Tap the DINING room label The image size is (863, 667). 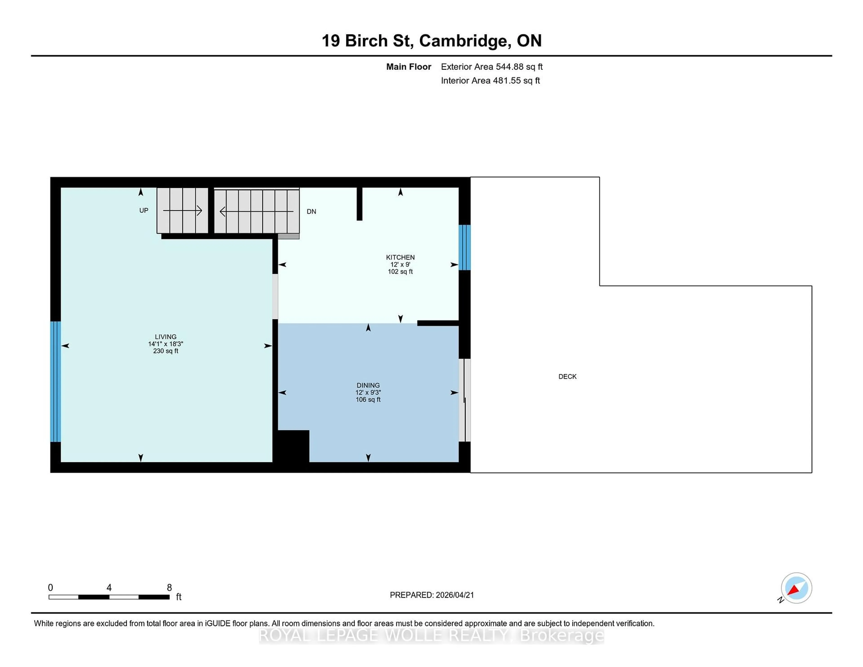click(x=368, y=385)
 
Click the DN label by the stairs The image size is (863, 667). click(x=311, y=211)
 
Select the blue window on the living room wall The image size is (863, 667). click(x=55, y=381)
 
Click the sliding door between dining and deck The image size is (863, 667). click(x=465, y=400)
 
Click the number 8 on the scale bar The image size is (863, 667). click(x=169, y=588)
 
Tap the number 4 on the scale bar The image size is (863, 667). click(x=109, y=588)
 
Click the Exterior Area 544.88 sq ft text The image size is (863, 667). click(x=492, y=67)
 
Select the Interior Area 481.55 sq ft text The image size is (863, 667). click(x=490, y=81)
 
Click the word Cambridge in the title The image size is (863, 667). click(x=463, y=41)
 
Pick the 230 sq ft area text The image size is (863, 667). click(x=166, y=351)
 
